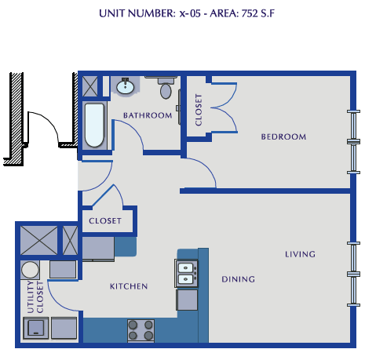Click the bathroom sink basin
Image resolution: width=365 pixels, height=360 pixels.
(x=125, y=87)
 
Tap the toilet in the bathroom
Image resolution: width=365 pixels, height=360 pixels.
(x=165, y=89)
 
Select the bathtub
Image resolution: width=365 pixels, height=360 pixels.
(x=94, y=125)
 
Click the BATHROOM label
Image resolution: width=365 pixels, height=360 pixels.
(x=147, y=116)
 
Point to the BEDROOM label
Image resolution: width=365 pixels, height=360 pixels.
(x=283, y=136)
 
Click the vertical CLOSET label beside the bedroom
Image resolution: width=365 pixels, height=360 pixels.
(x=198, y=111)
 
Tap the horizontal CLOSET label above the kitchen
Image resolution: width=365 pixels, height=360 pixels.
(x=105, y=221)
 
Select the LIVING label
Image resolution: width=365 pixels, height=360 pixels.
(x=300, y=254)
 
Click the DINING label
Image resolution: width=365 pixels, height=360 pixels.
(x=237, y=279)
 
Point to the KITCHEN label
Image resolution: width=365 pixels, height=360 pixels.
(x=128, y=286)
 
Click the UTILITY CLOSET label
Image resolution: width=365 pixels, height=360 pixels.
(x=35, y=299)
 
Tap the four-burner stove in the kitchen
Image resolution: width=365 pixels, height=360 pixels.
(x=140, y=331)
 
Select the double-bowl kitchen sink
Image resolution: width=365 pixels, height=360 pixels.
(x=186, y=273)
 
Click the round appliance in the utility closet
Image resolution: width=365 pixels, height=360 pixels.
(x=31, y=270)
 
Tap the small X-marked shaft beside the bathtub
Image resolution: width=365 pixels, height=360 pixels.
(x=90, y=85)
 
